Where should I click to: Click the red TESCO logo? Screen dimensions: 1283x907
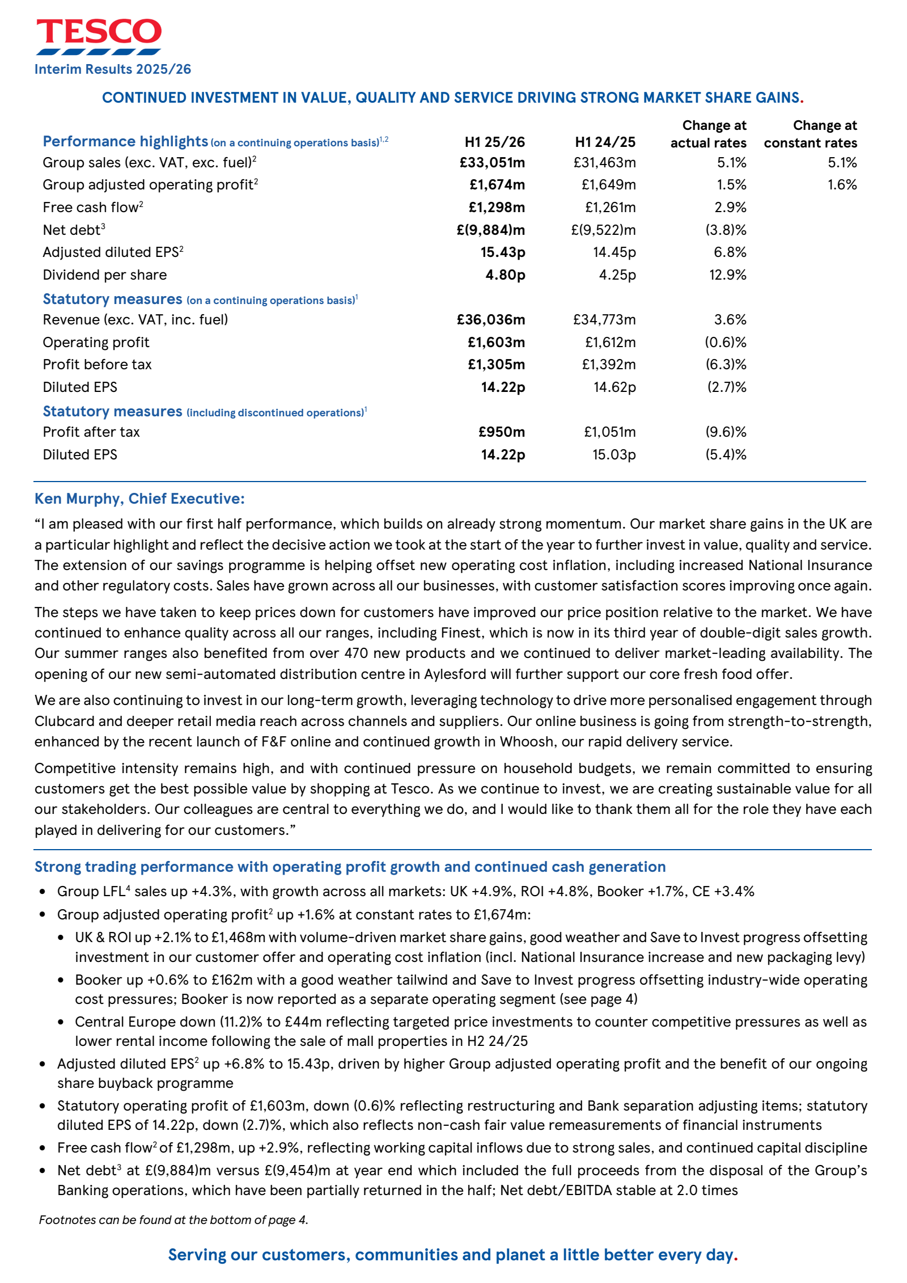[99, 32]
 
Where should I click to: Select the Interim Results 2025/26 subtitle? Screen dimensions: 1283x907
[113, 69]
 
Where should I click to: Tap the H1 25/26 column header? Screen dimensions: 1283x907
[494, 142]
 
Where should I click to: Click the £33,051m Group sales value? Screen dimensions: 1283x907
[492, 163]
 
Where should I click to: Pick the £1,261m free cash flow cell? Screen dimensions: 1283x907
[610, 208]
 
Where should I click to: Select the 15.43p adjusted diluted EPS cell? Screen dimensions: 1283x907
[502, 252]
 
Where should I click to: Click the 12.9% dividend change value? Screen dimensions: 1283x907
[727, 275]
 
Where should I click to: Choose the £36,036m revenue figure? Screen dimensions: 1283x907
[491, 320]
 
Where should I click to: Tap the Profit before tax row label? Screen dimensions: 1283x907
[97, 365]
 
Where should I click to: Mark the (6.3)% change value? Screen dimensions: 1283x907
[726, 365]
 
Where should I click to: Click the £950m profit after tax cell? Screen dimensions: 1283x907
[502, 432]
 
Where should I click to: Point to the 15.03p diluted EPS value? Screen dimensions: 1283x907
[614, 455]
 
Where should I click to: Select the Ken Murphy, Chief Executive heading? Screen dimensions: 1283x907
[139, 499]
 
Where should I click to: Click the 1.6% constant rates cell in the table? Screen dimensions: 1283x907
[842, 185]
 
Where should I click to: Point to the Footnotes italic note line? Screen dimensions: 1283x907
[173, 1219]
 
